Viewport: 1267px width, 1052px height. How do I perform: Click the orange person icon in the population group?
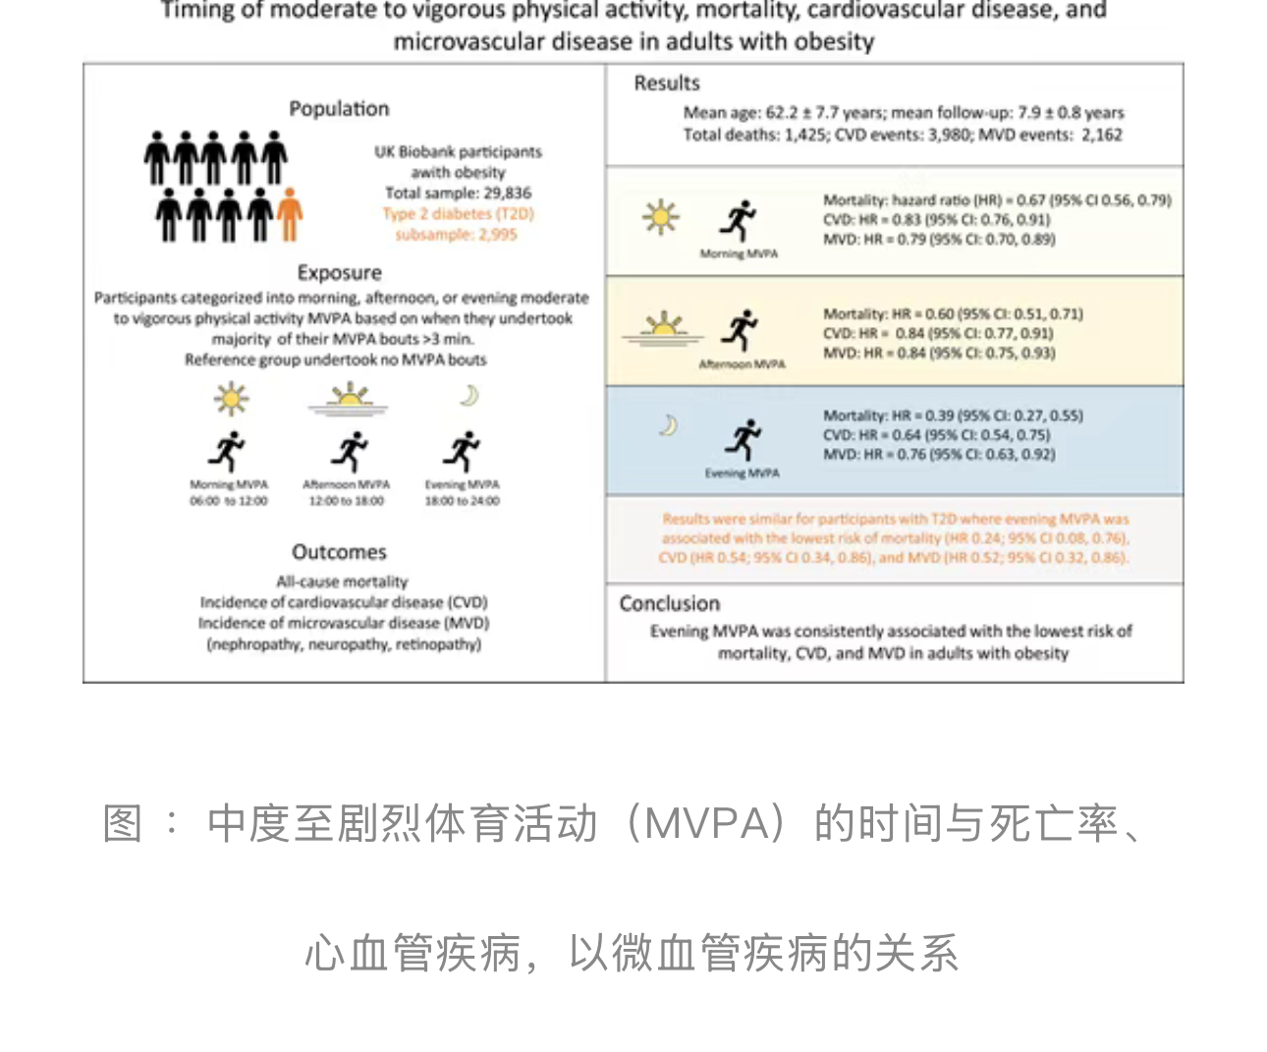[x=289, y=214]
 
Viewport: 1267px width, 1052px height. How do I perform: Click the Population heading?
[x=339, y=109]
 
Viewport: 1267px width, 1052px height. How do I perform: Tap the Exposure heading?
[x=339, y=273]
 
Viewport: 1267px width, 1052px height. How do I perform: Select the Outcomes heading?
[x=339, y=552]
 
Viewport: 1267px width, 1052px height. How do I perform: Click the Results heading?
[x=667, y=83]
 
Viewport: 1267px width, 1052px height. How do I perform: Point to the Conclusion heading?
[x=670, y=604]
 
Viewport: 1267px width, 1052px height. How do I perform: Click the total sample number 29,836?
[x=507, y=194]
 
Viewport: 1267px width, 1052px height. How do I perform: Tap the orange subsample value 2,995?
[x=497, y=235]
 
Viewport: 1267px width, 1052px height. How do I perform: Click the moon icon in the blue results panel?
[x=668, y=425]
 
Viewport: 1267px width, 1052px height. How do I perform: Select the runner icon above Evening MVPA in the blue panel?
[x=743, y=439]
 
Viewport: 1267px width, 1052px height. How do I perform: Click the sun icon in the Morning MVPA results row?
[x=660, y=216]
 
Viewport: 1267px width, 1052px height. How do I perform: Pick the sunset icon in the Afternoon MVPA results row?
[x=663, y=328]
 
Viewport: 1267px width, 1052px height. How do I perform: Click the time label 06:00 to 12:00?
[x=228, y=501]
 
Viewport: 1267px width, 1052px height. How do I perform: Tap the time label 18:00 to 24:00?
[x=462, y=501]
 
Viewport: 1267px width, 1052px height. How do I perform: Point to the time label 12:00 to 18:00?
[x=347, y=501]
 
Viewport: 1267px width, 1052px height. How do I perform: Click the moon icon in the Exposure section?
[x=468, y=395]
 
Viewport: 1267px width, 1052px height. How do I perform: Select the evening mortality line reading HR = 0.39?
[x=953, y=415]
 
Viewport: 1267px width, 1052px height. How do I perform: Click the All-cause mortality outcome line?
[x=342, y=581]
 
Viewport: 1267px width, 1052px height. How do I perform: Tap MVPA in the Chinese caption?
[x=705, y=823]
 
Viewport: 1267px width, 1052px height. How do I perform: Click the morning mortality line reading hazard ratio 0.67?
[x=997, y=200]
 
